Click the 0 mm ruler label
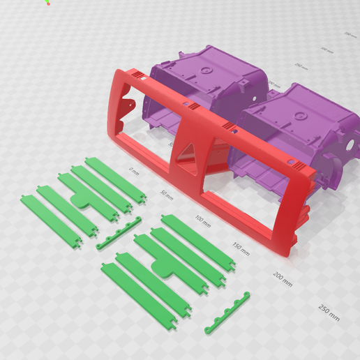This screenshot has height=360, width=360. pos(134,170)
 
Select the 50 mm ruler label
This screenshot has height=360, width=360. pos(166,193)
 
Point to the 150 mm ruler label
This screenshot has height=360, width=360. pos(241,248)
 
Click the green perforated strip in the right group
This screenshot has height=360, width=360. pos(228,310)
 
